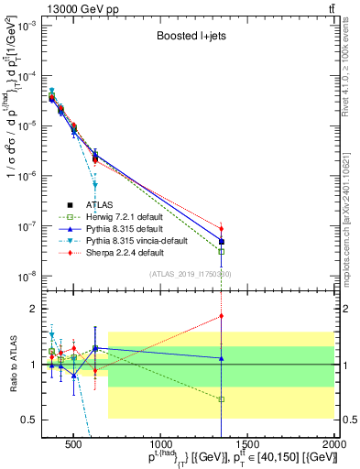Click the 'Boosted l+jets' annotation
point(190,38)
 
